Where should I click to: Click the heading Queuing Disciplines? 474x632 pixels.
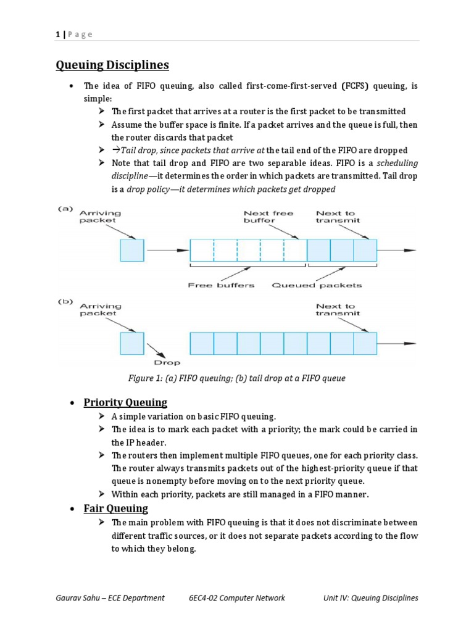[x=112, y=65]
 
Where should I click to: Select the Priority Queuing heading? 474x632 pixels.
[x=125, y=402]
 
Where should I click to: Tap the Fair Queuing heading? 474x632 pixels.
[x=116, y=509]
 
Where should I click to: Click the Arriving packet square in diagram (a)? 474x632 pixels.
[x=132, y=250]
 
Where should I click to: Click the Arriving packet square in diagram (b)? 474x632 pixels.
[x=132, y=343]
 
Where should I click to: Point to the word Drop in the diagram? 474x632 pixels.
[x=167, y=363]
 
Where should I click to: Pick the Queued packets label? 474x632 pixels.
[x=317, y=285]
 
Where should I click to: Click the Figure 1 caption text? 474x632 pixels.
[x=236, y=378]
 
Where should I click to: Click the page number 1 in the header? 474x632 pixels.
[x=57, y=34]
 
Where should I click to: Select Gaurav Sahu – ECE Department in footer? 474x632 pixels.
[x=110, y=598]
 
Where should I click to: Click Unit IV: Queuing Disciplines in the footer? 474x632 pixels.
[x=370, y=598]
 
